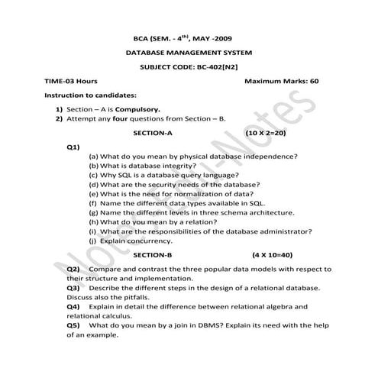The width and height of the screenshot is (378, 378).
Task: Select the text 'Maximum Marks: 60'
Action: (x=281, y=81)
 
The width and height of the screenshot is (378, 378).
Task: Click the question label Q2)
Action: (x=73, y=270)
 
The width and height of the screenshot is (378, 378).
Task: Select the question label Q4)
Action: (x=73, y=306)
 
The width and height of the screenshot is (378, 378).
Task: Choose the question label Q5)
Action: (x=73, y=325)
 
